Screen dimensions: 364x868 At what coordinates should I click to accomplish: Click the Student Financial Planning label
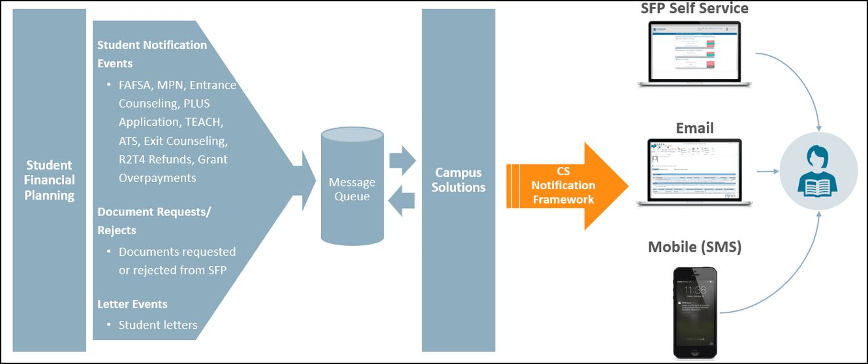tap(50, 180)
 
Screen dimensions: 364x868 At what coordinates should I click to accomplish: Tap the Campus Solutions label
tap(458, 180)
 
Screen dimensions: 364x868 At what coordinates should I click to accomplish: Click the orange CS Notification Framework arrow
tap(566, 186)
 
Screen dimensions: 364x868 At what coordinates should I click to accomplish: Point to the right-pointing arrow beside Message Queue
tap(402, 160)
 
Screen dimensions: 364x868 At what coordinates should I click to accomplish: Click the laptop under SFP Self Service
tap(694, 53)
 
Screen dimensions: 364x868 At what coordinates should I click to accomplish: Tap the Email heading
tap(694, 128)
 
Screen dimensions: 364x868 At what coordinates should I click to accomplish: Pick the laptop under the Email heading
tap(694, 172)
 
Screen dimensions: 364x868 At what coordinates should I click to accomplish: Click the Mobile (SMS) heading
tap(694, 247)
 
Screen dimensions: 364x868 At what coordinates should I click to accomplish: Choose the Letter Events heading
tap(132, 304)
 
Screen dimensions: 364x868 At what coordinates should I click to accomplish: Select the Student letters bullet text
tap(158, 325)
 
